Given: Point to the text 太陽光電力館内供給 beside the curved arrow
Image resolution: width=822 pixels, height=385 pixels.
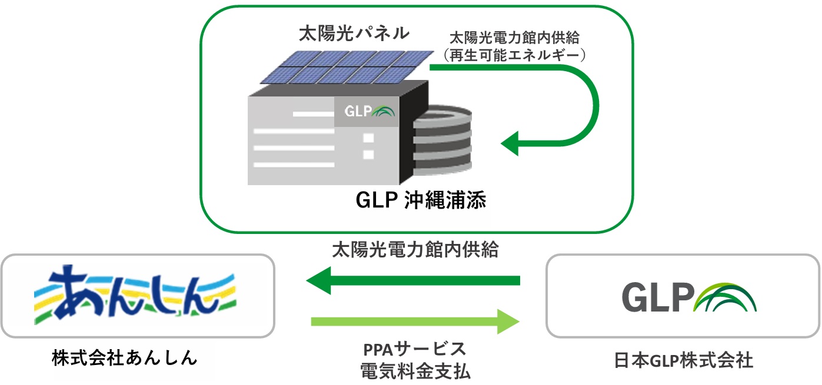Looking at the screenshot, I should [x=514, y=38].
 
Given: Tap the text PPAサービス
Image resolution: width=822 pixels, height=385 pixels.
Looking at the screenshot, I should [x=415, y=349].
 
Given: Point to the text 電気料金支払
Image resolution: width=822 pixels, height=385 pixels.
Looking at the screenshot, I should [x=415, y=371].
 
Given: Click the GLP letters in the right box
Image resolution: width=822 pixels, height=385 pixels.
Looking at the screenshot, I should [x=655, y=298].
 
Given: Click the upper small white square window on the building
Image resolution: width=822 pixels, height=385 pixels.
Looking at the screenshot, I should [x=369, y=139].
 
